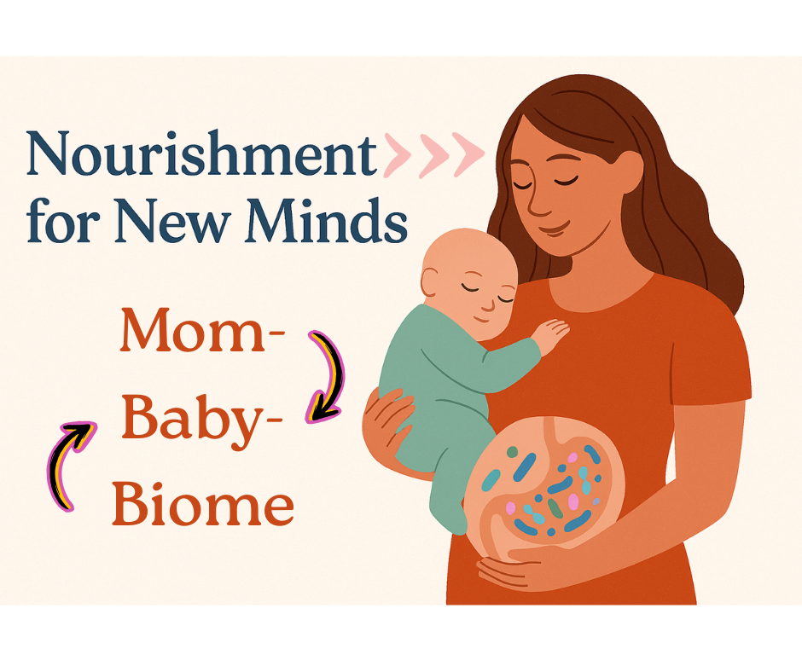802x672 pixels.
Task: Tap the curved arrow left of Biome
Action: [68, 465]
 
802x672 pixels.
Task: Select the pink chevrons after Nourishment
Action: [433, 154]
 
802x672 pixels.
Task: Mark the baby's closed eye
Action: [475, 290]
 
